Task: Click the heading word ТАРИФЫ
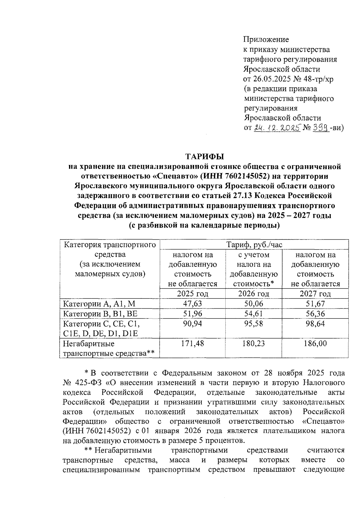coord(205,157)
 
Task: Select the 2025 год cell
coord(193,294)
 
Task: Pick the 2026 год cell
coord(253,294)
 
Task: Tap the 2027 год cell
coord(315,294)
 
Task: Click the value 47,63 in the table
coord(193,304)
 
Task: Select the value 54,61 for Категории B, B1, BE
coord(253,313)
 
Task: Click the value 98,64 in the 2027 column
coord(315,324)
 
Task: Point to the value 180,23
coord(253,343)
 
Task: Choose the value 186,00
coord(315,343)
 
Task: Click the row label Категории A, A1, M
coord(99,304)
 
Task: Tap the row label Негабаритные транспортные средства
coord(108,348)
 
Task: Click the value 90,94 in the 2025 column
coord(193,324)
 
